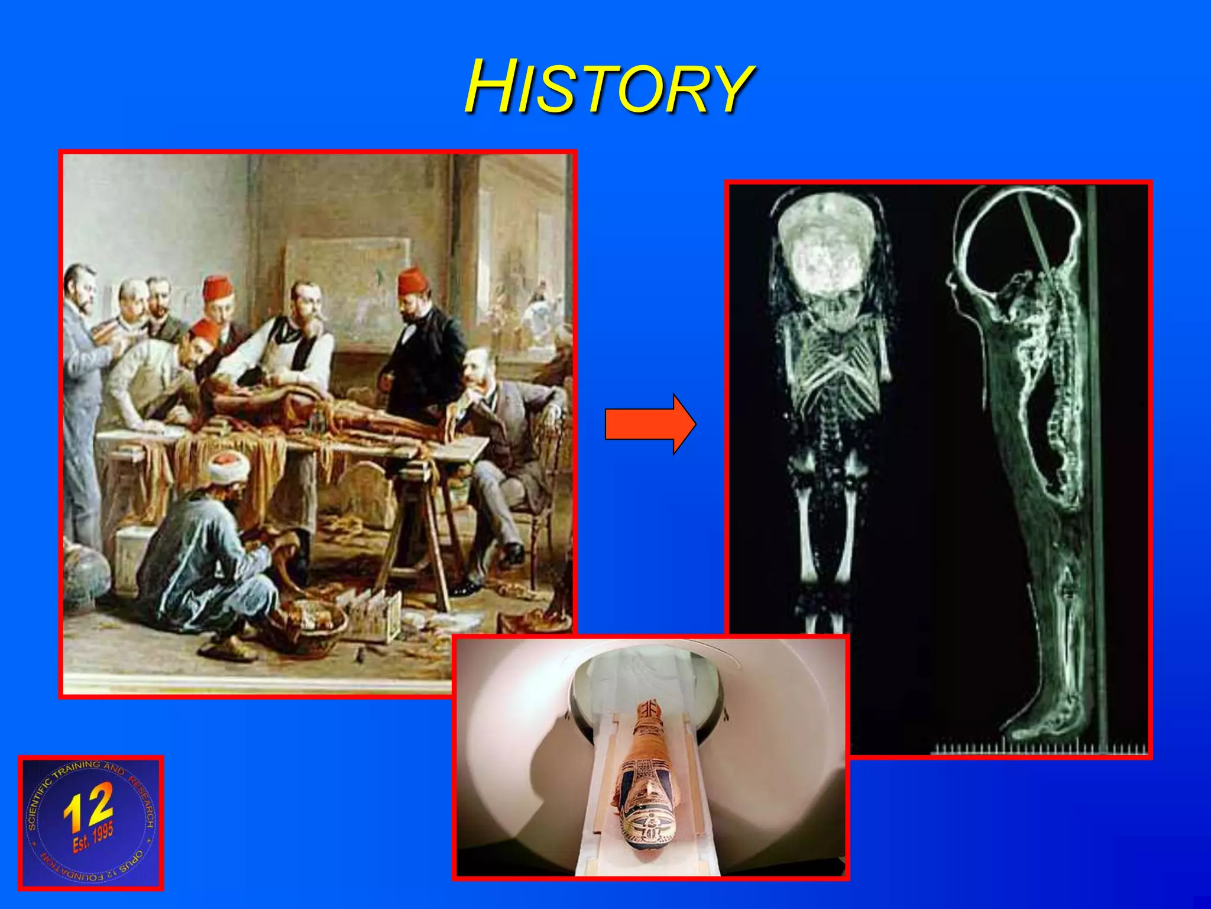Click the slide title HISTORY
609,88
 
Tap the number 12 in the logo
89,806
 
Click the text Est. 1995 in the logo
93,839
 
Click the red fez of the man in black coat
412,281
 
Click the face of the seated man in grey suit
478,370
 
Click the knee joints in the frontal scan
828,468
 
